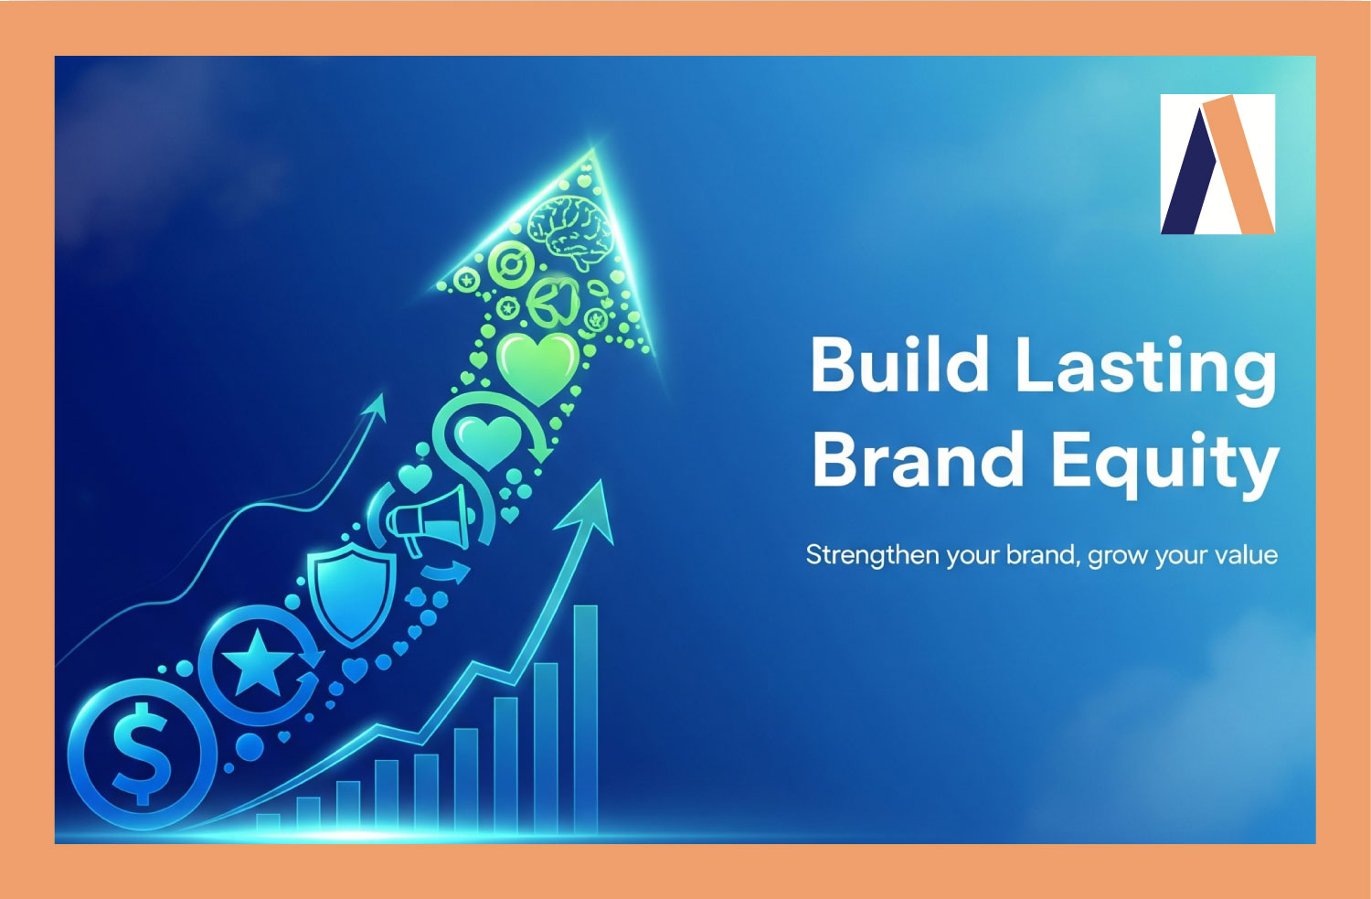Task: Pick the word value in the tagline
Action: pyautogui.click(x=1240, y=554)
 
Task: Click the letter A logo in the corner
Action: pyautogui.click(x=1217, y=165)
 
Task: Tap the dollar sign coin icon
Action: pyautogui.click(x=142, y=753)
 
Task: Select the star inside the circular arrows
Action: pyautogui.click(x=257, y=662)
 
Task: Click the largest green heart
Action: pyautogui.click(x=537, y=365)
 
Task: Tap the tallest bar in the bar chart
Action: pyautogui.click(x=585, y=718)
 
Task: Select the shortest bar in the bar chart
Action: pyautogui.click(x=268, y=822)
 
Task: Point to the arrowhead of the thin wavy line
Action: pyautogui.click(x=376, y=410)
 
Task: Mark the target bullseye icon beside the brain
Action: pyautogui.click(x=510, y=266)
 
